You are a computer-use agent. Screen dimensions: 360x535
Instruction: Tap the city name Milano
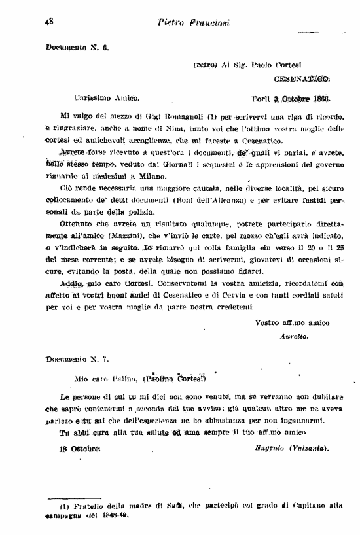(170, 177)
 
